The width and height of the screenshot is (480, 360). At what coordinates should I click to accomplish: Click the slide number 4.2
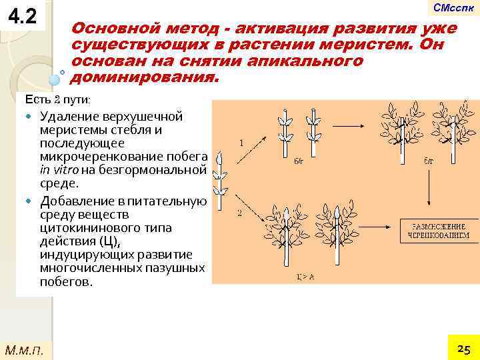(23, 15)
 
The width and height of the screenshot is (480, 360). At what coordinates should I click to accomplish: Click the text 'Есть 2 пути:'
(58, 99)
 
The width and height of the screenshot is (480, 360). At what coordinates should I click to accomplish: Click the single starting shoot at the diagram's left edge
(221, 180)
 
